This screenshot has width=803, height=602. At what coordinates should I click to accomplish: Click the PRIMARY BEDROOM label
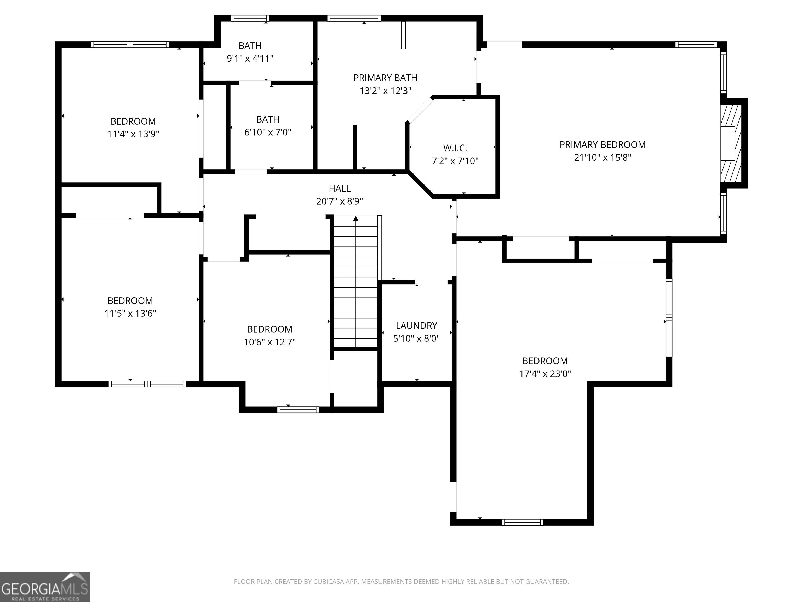coord(603,145)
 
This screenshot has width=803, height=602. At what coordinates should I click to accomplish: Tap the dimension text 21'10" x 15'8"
coord(603,158)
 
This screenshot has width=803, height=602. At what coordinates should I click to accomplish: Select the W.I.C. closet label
coord(455,148)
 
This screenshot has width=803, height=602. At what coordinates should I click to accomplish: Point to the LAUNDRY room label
coord(416,326)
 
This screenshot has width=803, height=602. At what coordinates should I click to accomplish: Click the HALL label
coord(340,188)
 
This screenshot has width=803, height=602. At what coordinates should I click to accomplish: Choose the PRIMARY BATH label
coord(386,78)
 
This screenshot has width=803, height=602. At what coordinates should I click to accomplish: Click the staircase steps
coord(356,282)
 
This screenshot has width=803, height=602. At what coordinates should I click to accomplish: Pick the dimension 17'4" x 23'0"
coord(545,374)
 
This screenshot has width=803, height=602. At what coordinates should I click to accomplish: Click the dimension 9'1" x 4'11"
coord(250,59)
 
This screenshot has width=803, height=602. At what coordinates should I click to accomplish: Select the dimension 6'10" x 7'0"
coord(268,132)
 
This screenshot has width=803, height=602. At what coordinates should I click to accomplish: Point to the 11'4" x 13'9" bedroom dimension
coord(133,134)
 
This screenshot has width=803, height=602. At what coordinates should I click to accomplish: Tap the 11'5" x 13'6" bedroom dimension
coord(130,314)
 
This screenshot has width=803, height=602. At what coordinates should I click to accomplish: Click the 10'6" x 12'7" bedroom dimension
coord(270,342)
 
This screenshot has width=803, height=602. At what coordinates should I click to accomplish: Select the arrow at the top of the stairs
coord(356,218)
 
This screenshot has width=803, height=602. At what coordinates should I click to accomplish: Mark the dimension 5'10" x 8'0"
coord(416,339)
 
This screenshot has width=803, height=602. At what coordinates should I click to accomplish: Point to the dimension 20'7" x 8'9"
coord(340,201)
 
